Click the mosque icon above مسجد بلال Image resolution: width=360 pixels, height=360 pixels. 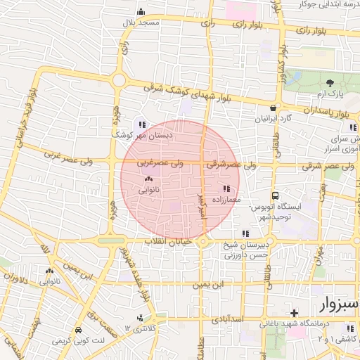141,12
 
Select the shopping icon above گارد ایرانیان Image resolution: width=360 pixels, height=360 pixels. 273,108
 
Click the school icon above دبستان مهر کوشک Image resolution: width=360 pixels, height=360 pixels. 144,123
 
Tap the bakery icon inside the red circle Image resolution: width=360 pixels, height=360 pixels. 148,179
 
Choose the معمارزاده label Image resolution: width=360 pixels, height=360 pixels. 226,199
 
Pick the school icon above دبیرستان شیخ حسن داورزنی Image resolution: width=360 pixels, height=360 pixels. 245,234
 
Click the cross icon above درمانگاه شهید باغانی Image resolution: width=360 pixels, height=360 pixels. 295,313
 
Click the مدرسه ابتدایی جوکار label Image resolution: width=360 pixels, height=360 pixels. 328,5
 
